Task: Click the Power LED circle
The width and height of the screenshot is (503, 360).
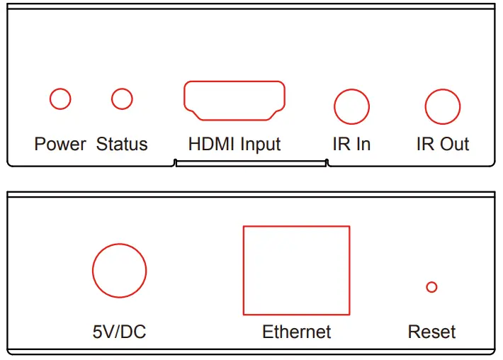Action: (60, 99)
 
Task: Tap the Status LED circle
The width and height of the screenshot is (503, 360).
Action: (122, 99)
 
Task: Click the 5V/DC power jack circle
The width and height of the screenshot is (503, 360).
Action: (120, 271)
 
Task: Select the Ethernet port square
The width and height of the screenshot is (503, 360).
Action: (296, 270)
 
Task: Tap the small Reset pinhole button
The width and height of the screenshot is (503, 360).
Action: (431, 287)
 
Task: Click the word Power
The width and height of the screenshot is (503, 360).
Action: (60, 145)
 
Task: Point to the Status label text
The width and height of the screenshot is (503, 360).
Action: (122, 145)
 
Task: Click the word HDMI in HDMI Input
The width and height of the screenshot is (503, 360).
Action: (210, 145)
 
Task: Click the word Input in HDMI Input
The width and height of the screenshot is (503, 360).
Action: (260, 145)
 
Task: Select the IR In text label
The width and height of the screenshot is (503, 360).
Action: (352, 145)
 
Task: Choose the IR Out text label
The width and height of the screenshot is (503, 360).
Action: (443, 145)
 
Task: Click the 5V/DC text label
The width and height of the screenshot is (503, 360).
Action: (120, 331)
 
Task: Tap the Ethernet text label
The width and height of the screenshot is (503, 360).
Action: (296, 331)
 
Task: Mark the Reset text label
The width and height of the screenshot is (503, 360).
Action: (431, 331)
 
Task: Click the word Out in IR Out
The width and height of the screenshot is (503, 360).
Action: (456, 145)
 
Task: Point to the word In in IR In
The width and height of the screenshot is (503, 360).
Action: (363, 145)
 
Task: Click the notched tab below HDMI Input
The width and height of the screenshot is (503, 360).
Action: (251, 164)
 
